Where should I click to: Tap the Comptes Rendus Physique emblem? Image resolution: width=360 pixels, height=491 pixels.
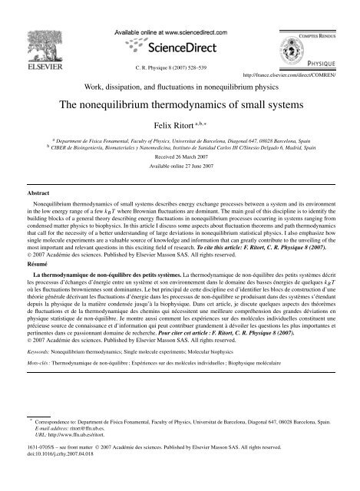(x=324, y=29)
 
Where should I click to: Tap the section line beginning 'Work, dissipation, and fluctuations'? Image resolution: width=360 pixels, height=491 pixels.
(x=180, y=86)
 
